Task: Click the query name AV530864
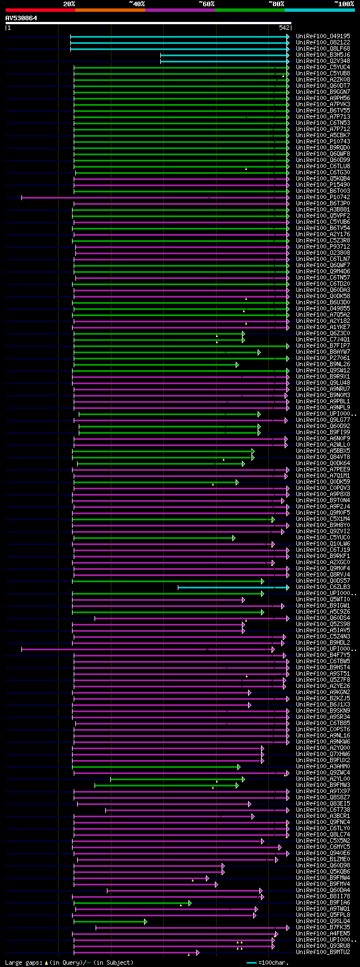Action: tap(21, 18)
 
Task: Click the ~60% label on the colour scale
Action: tap(206, 4)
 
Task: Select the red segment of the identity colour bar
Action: tap(40, 10)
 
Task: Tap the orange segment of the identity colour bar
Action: tap(110, 10)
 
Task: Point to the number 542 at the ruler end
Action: tap(283, 28)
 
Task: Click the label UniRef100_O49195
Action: tap(323, 36)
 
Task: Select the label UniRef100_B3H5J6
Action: tap(323, 55)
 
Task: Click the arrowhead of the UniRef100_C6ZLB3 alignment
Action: tap(287, 587)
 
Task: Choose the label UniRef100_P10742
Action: tap(323, 197)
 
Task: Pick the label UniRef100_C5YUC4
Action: tap(323, 67)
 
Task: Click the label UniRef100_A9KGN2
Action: tap(323, 692)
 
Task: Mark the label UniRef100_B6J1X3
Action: tap(323, 705)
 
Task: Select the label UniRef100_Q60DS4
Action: tap(323, 618)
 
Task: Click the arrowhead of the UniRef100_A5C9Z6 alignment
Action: tap(262, 612)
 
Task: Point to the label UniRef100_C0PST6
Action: tap(323, 730)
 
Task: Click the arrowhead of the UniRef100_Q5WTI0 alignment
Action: tap(244, 600)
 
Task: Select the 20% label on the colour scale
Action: tap(69, 4)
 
